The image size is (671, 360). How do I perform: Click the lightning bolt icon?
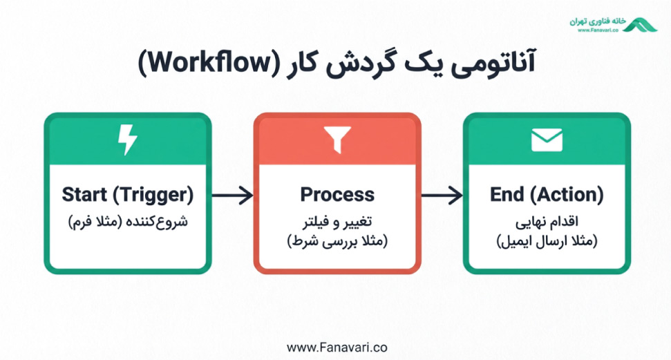[128, 140]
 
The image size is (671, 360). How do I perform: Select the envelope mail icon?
[547, 140]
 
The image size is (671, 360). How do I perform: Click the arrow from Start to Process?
[232, 196]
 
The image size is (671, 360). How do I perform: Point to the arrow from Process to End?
[442, 196]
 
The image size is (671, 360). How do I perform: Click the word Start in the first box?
[84, 195]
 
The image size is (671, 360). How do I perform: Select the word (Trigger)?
[153, 196]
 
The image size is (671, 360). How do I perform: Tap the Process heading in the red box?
[337, 195]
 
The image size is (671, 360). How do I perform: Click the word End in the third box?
[507, 195]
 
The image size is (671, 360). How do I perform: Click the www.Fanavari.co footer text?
[337, 347]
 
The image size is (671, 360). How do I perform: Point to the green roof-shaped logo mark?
[640, 25]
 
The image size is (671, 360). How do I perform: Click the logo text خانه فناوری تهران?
[597, 21]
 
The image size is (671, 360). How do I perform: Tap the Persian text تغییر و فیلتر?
[337, 222]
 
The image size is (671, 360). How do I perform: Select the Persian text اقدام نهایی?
[547, 222]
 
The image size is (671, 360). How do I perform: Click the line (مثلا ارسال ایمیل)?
[547, 241]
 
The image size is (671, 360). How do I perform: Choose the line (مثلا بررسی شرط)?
[337, 241]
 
